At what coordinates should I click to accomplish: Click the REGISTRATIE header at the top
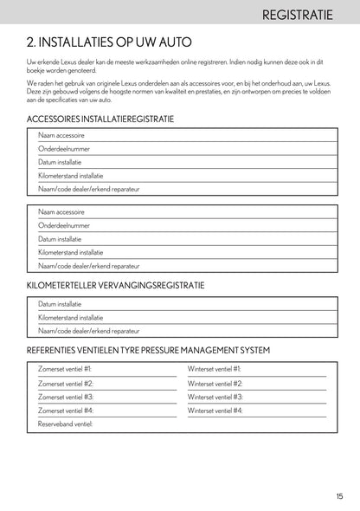coord(306,15)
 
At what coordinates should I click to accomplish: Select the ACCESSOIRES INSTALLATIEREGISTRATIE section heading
coord(100,119)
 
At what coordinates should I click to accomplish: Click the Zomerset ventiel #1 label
coord(66,368)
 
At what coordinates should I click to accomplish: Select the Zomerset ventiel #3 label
coord(66,397)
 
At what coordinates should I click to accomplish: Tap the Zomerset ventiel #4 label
coord(66,411)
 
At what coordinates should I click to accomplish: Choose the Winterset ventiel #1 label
coord(215,368)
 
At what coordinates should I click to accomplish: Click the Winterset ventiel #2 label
coord(215,383)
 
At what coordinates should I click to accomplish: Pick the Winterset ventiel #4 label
coord(215,411)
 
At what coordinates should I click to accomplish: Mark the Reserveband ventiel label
coord(65,424)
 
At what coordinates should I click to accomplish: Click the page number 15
coord(340,495)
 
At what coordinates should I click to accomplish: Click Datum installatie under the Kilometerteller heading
coord(60,304)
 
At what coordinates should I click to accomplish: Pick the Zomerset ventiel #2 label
coord(66,383)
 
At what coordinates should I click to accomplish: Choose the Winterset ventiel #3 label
coord(215,397)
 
